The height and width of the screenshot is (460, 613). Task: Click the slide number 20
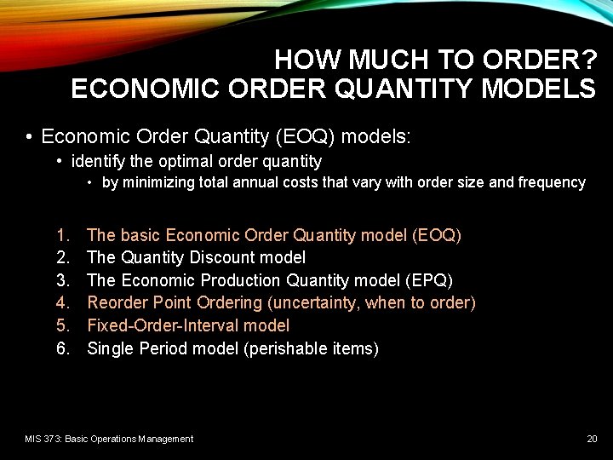(x=592, y=439)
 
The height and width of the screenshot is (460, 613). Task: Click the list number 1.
(x=61, y=234)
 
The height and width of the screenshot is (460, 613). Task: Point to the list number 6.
(x=62, y=348)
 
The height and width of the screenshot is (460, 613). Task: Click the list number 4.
(x=62, y=302)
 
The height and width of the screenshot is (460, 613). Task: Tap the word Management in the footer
(x=168, y=439)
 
